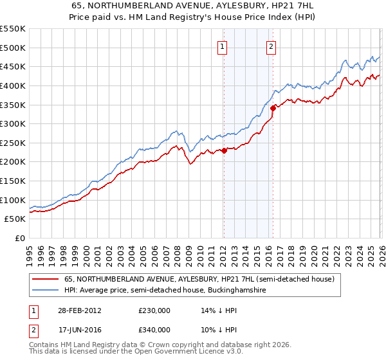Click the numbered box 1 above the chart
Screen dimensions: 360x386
click(x=223, y=46)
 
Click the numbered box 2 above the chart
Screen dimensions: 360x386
click(x=271, y=46)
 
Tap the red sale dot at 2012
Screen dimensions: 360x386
click(x=224, y=150)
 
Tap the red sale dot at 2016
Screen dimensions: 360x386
click(x=273, y=109)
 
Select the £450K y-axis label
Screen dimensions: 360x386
click(x=13, y=66)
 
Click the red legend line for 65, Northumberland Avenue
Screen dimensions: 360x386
click(x=46, y=280)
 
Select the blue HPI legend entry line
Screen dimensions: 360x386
click(x=46, y=291)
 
